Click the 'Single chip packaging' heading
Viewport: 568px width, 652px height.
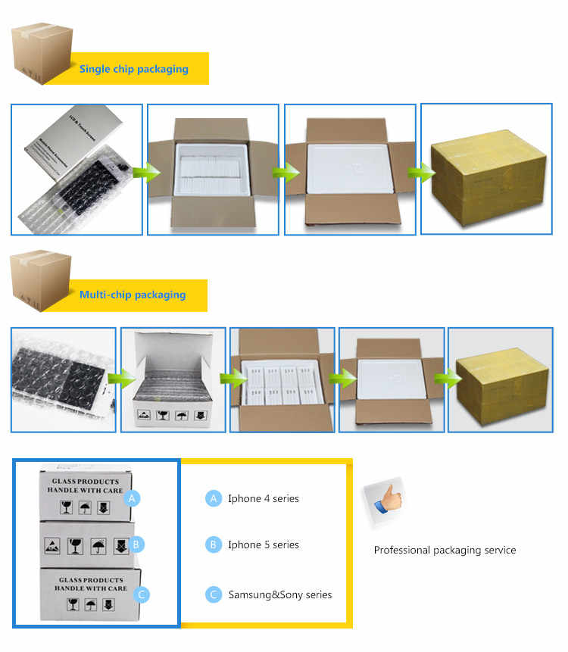133,69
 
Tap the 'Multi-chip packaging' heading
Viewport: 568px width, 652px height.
132,294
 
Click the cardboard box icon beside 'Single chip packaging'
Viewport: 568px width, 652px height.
42,54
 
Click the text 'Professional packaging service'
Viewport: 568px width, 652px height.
445,550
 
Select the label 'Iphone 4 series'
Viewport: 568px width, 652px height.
263,498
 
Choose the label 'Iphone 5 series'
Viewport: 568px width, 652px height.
263,544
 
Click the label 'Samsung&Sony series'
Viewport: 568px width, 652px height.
279,594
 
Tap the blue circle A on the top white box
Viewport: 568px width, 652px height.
133,498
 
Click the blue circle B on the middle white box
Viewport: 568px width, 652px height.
136,544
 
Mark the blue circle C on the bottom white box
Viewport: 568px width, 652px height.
141,594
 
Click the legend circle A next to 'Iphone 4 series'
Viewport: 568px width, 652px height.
213,498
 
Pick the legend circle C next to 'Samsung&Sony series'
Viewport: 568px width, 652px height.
213,594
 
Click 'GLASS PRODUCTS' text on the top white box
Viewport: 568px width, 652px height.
84,482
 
